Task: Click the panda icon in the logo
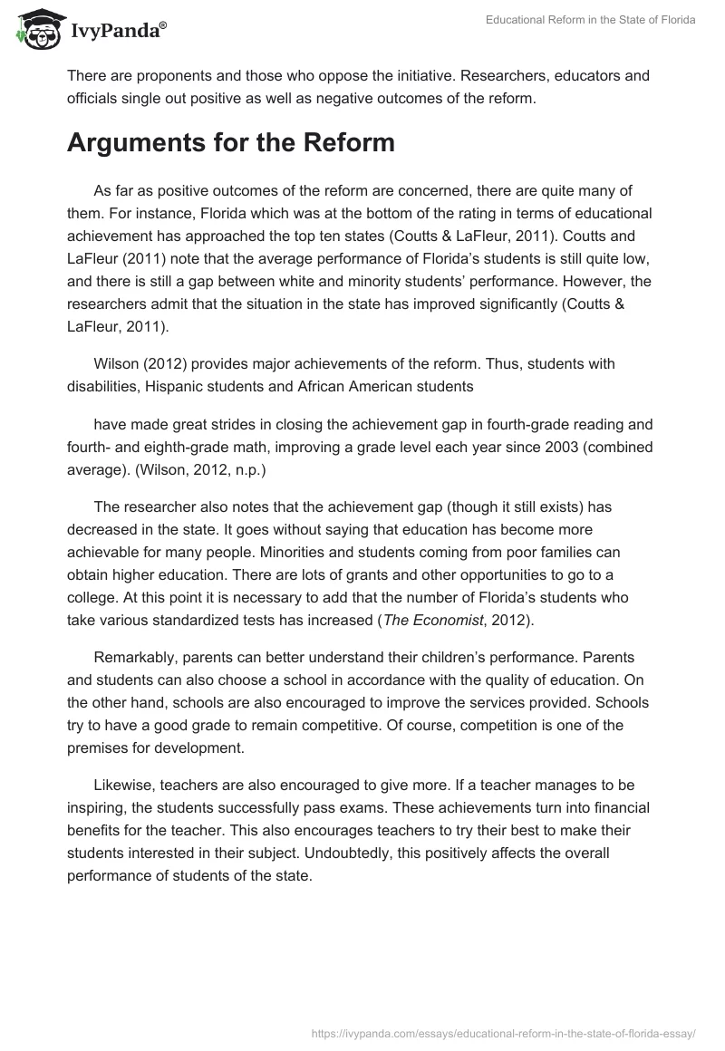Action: click(36, 30)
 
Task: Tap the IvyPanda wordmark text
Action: click(118, 32)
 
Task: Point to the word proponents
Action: click(156, 76)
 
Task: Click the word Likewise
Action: click(121, 785)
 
